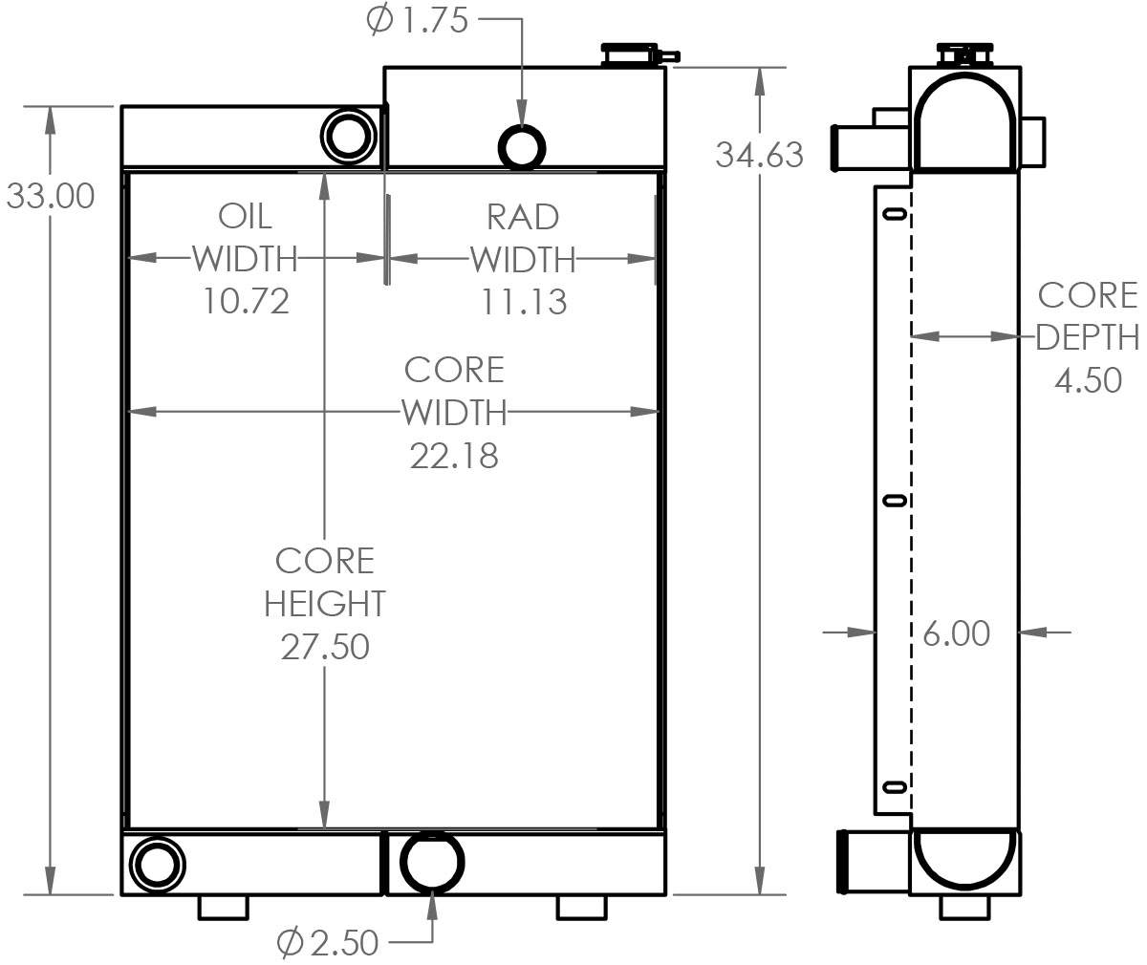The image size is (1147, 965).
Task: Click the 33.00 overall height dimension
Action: pos(51,196)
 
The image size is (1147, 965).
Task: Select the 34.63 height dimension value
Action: pos(759,154)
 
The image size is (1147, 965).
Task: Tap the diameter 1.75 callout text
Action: pos(418,20)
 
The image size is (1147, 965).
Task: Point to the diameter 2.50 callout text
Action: pos(328,943)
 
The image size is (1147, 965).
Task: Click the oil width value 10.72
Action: pos(246,301)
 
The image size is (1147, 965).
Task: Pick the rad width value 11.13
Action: pos(523,302)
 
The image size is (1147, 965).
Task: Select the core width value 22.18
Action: pos(454,455)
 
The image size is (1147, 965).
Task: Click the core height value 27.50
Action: pos(325,646)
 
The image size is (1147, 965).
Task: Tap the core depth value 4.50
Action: pos(1088,379)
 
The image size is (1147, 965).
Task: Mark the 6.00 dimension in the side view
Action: pos(956,633)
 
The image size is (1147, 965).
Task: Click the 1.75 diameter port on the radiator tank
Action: pos(523,146)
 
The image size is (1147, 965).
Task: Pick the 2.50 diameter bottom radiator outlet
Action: pos(432,861)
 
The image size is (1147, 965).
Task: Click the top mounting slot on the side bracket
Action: pos(894,214)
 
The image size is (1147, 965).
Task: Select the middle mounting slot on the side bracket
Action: pos(894,500)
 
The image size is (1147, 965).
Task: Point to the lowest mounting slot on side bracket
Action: pos(894,786)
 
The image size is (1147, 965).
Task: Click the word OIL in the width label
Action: pos(246,216)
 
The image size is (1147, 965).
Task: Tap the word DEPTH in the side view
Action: pos(1088,337)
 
